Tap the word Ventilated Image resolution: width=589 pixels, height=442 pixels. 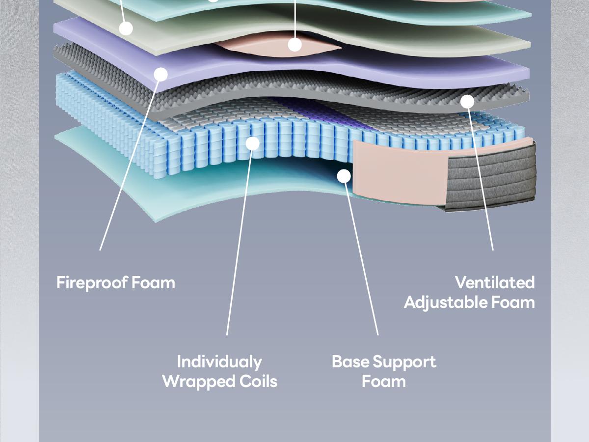point(494,282)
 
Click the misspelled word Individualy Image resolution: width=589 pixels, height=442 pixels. point(219,362)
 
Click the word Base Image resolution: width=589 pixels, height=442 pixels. point(349,362)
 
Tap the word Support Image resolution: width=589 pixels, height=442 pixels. point(403,362)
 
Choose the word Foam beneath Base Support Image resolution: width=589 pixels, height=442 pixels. point(384,382)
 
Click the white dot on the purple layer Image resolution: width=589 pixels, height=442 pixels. point(161,74)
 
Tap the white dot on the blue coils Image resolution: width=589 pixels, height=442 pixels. point(252,143)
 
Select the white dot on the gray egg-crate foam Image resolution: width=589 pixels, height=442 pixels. point(467,102)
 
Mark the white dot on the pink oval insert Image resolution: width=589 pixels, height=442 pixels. point(294,45)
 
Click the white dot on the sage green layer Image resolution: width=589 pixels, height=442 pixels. point(126,28)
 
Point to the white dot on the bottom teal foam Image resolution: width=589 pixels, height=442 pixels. point(344,175)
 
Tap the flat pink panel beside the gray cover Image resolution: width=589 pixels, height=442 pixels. point(398,172)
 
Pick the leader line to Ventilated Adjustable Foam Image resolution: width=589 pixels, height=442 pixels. point(481,177)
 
